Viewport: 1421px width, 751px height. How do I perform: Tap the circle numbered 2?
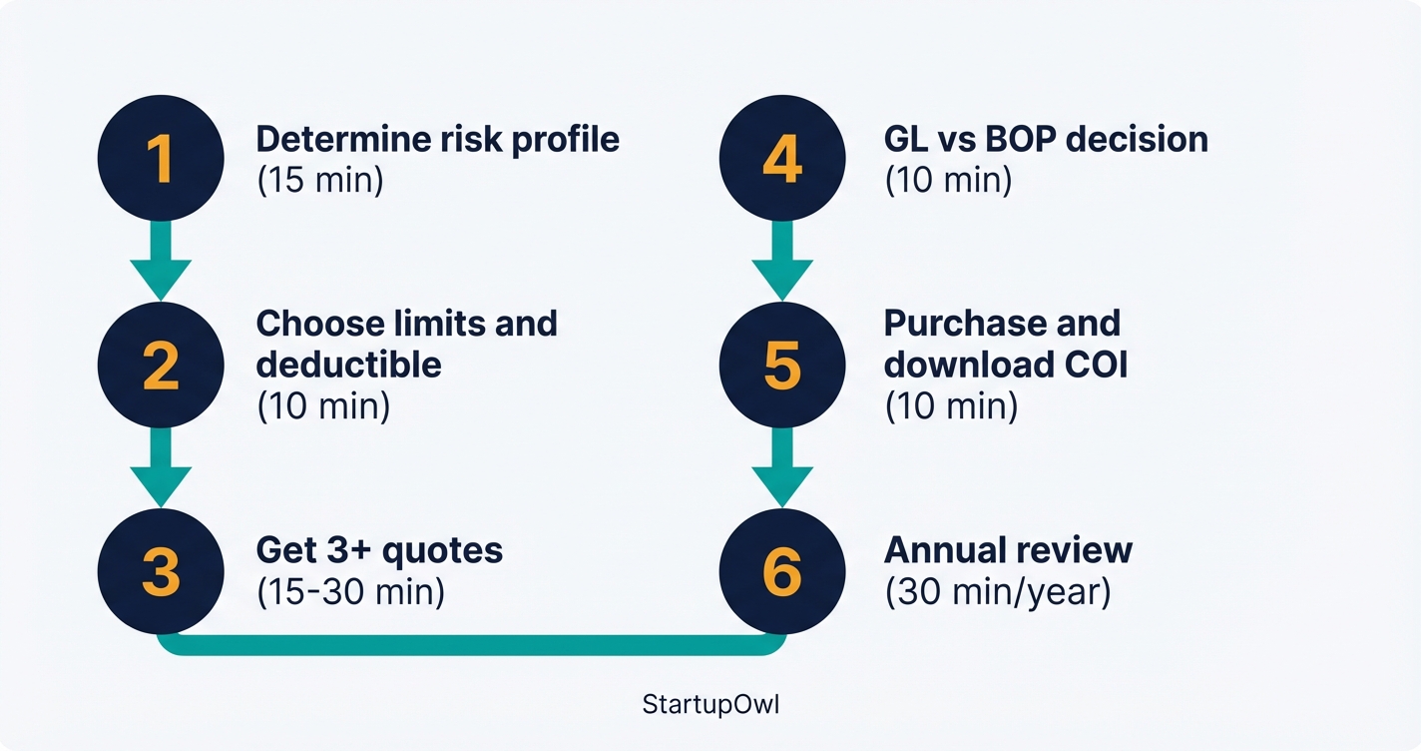160,366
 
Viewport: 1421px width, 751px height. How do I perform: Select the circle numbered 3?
160,571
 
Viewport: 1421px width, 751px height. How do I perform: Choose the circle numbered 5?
782,366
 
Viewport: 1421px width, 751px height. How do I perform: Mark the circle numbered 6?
782,571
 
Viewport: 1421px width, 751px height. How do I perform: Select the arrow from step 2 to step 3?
160,467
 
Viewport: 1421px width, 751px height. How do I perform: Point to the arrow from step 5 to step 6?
782,467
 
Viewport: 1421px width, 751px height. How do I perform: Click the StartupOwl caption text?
710,704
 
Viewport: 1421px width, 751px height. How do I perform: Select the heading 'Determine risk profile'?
437,140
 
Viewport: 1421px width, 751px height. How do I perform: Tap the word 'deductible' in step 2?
348,365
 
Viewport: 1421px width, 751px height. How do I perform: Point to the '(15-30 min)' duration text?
350,592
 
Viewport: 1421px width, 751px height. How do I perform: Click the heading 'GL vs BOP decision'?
1046,140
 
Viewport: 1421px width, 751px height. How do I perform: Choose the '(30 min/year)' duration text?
997,592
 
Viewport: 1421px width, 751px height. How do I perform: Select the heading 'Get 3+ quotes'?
379,550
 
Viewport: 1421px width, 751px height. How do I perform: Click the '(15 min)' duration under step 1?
319,182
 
